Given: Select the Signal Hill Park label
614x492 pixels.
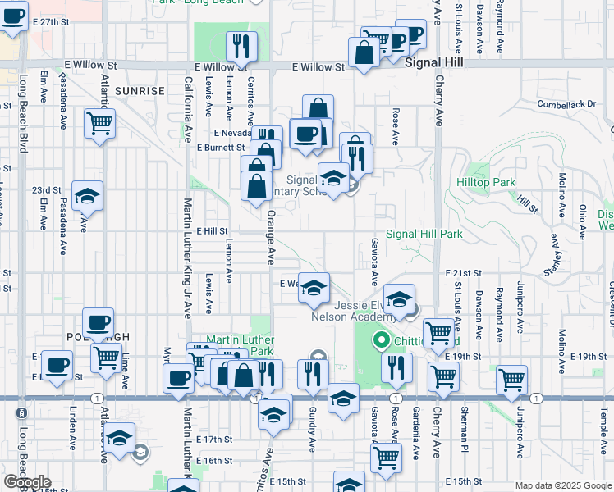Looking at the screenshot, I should pyautogui.click(x=424, y=235).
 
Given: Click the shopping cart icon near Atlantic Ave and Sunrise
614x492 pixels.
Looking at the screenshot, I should pyautogui.click(x=100, y=124).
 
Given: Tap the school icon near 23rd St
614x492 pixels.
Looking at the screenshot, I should pyautogui.click(x=87, y=196).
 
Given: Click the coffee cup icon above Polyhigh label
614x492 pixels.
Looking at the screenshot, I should pyautogui.click(x=98, y=323).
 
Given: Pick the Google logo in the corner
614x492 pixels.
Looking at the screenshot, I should pyautogui.click(x=27, y=482).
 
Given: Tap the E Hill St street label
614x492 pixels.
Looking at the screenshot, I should pyautogui.click(x=211, y=232).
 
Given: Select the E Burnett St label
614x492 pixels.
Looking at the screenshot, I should pyautogui.click(x=221, y=148).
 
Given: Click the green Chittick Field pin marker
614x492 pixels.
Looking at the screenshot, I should pyautogui.click(x=381, y=339).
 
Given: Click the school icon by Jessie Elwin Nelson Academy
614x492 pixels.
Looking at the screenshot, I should pyautogui.click(x=399, y=300).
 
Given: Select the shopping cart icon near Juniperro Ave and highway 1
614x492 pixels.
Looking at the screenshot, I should pyautogui.click(x=511, y=379).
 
